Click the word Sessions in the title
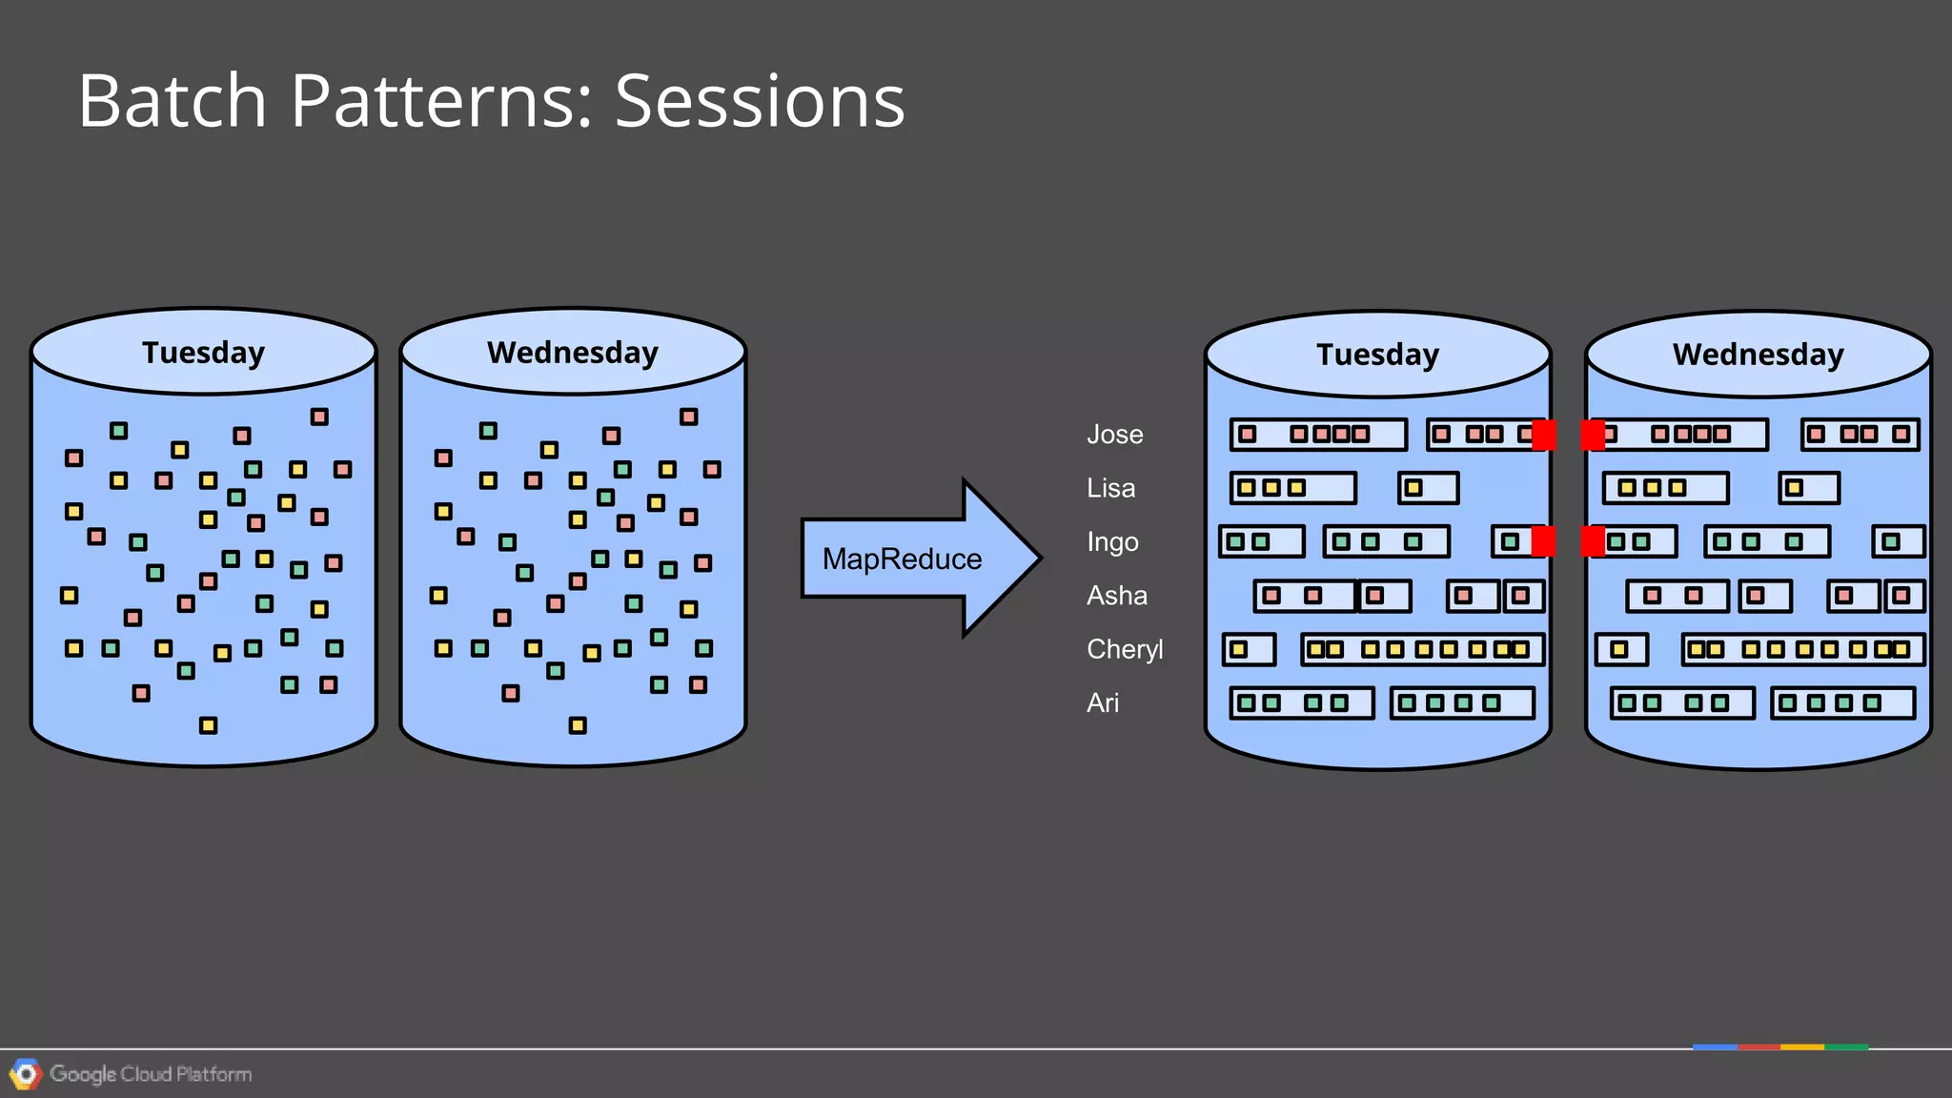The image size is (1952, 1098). coord(759,101)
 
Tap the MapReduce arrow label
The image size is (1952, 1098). coord(902,559)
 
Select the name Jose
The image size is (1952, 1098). coord(1114,435)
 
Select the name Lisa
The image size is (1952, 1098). coord(1110,488)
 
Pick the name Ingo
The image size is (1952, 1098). coord(1112,542)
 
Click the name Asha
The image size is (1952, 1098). coord(1116,596)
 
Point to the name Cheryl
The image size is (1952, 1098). coord(1125,649)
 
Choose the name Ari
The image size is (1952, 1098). coord(1102,703)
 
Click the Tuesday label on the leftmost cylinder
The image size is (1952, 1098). coord(203,353)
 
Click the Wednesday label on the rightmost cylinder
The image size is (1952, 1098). coord(1758,355)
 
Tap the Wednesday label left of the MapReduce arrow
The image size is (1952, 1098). coord(572,353)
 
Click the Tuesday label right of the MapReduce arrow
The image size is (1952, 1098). coord(1377,355)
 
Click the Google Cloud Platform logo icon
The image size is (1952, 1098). coord(26,1074)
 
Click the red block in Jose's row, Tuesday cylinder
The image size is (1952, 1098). coord(1544,435)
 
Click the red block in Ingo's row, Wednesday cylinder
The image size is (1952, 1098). coord(1593,541)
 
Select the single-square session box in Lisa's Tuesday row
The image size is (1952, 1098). coord(1428,488)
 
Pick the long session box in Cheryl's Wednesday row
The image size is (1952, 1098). coord(1802,649)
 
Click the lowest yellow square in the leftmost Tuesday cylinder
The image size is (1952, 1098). coord(208,725)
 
